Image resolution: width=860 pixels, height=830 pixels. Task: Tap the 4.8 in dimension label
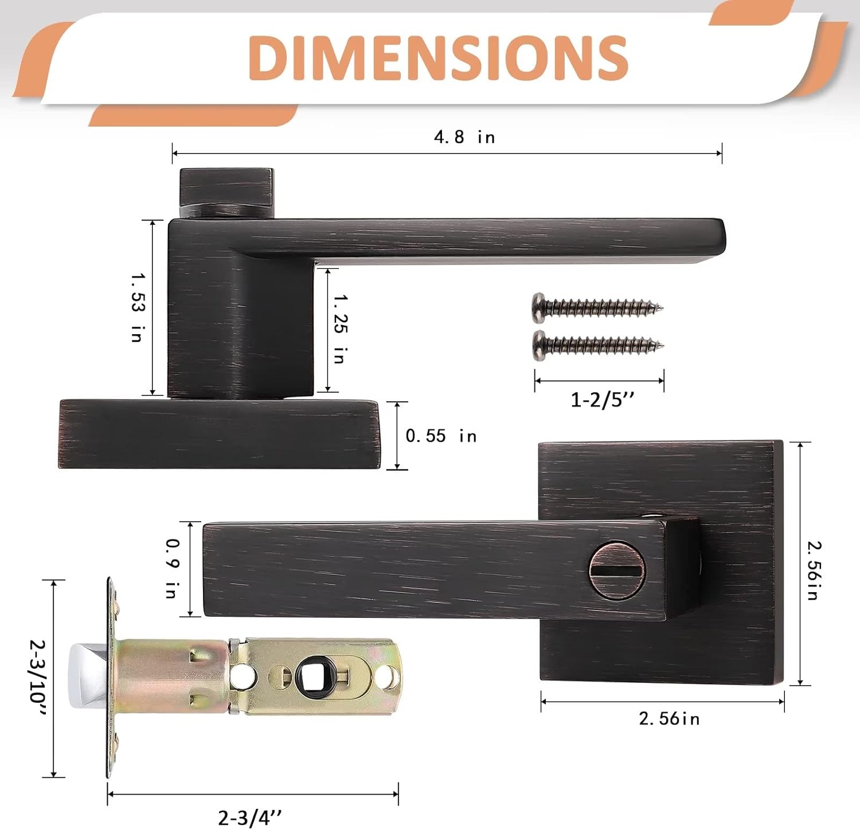pos(464,137)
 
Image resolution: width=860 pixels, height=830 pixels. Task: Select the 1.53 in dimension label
pos(137,307)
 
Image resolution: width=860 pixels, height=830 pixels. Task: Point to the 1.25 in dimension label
pos(340,328)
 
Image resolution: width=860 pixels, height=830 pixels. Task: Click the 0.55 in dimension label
pos(441,436)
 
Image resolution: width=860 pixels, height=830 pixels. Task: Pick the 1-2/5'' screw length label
pos(603,400)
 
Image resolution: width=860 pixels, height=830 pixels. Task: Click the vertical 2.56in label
pos(812,570)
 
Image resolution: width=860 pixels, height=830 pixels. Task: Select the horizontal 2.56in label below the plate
pos(669,718)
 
